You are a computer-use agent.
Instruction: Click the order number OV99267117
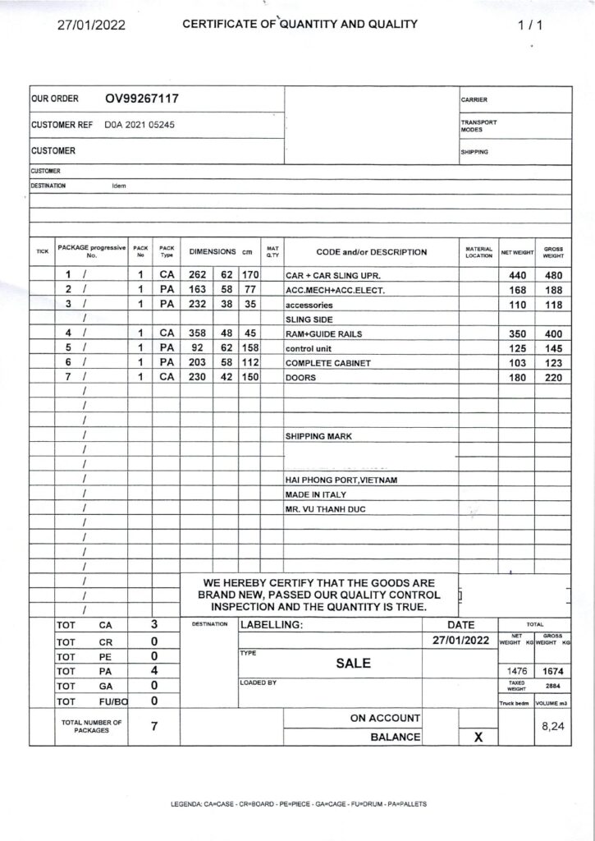142,99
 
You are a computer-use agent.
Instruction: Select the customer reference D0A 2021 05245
139,126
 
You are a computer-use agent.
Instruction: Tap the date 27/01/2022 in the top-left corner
90,25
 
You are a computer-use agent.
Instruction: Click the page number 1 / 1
530,25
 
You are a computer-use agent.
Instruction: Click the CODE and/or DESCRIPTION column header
371,252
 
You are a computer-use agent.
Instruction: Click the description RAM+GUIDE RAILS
323,334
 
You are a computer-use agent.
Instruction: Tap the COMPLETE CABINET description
327,363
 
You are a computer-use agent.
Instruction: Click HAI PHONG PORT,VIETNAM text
341,480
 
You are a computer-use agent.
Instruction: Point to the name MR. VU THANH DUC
325,509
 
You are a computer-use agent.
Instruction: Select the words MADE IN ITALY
315,494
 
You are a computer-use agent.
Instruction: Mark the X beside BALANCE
478,738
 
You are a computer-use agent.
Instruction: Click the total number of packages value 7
153,727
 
